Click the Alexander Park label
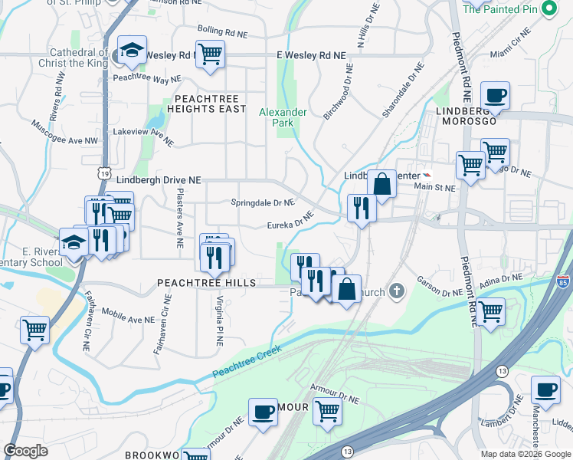click(283, 117)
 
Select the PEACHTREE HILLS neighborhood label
click(206, 283)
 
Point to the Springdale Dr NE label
click(263, 203)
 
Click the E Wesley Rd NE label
click(311, 56)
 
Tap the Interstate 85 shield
click(563, 283)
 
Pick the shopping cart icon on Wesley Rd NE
click(209, 54)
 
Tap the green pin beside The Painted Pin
click(548, 9)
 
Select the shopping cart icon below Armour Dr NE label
click(327, 410)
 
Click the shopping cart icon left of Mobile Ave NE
click(34, 330)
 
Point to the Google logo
click(25, 451)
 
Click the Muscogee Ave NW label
click(65, 133)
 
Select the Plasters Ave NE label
click(180, 219)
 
